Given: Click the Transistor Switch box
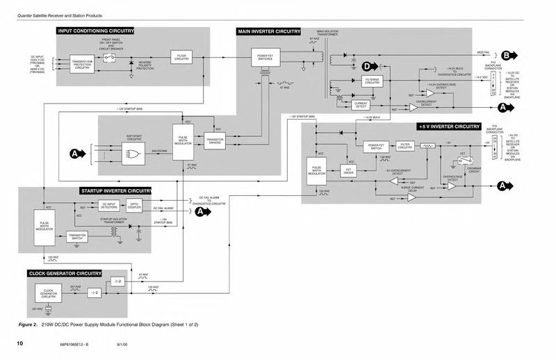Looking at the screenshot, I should coord(81,236).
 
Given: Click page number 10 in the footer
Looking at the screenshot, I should coord(21,343).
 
